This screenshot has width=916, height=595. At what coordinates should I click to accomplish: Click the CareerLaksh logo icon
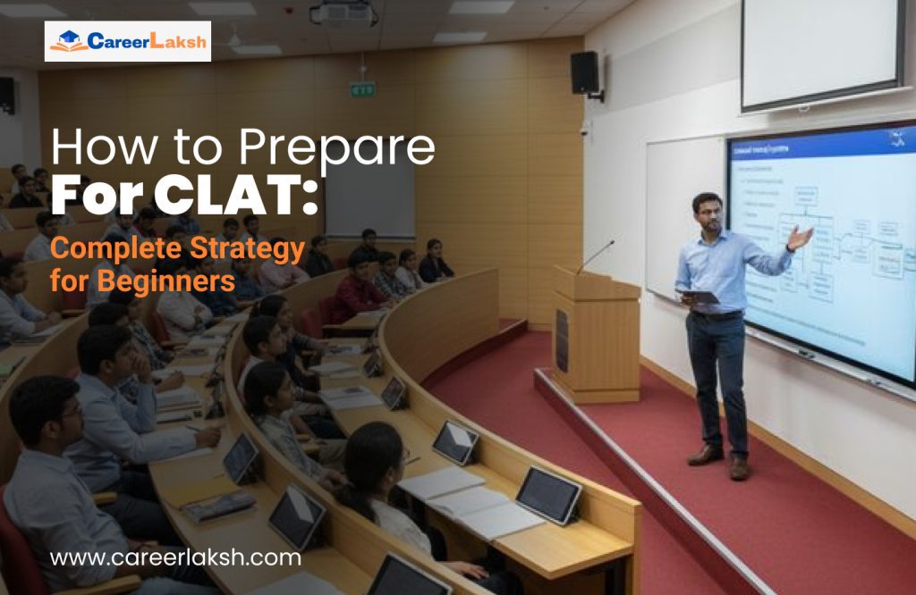point(68,41)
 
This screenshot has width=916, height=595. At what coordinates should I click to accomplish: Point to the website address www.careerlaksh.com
point(175,558)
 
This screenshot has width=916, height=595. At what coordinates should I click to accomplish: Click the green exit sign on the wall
point(362,89)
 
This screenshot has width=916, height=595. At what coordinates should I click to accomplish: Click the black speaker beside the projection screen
point(585,72)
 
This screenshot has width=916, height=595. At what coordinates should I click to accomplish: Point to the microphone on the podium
point(595,256)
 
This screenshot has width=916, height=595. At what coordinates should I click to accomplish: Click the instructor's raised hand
point(801,237)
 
